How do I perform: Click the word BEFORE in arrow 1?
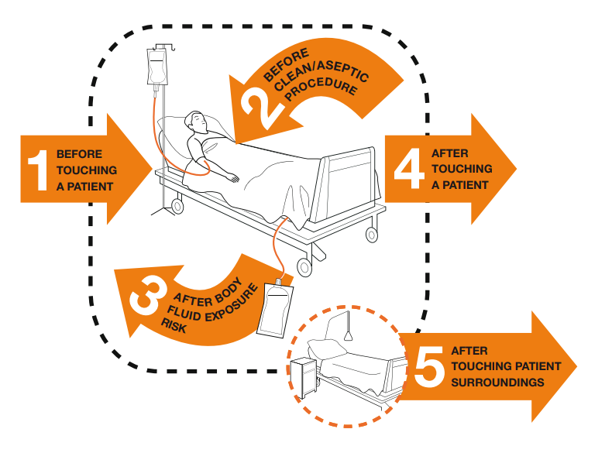tap(79, 154)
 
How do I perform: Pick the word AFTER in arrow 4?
tap(449, 153)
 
